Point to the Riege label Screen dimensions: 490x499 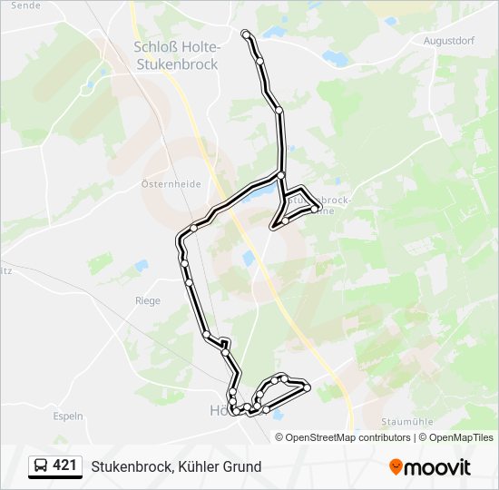pos(147,301)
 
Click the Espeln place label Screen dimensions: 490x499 pos(68,416)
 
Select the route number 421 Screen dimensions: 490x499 pos(64,465)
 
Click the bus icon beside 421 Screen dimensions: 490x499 pos(41,466)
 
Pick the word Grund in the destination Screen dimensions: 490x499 pos(242,467)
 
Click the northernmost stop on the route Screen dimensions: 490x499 pos(246,34)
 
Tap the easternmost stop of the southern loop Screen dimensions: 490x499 pos(307,387)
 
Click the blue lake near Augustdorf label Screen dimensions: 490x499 pos(335,58)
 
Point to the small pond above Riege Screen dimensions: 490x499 pos(141,266)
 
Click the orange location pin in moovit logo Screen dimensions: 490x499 pos(396,467)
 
